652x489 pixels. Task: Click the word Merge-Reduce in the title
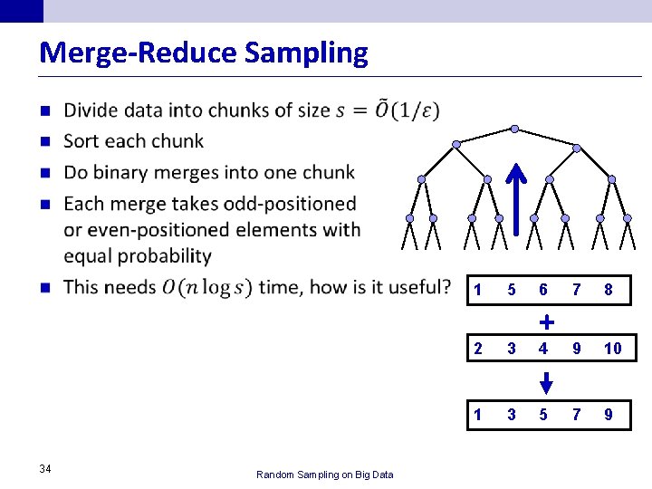[139, 53]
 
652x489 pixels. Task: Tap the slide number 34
[45, 467]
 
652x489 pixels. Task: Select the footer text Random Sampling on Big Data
[324, 474]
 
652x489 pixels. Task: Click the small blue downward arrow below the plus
[545, 381]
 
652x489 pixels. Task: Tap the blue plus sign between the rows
[546, 321]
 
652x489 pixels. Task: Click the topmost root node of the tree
[514, 129]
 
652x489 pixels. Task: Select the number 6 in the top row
[542, 291]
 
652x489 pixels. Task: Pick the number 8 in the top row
[609, 291]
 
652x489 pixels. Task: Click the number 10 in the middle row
[612, 349]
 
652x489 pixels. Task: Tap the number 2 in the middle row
[477, 349]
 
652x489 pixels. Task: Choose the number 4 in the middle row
[542, 349]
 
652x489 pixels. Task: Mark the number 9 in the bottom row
[609, 415]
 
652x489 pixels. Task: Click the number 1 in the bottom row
[477, 415]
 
